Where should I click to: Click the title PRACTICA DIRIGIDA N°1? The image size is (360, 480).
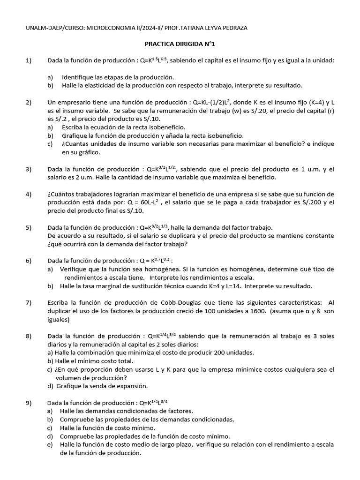180,44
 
